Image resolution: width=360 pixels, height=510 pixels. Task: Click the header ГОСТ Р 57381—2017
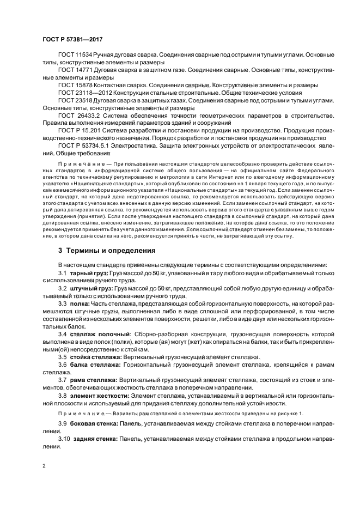[x=72, y=39]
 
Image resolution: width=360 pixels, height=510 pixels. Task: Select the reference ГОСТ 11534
[x=75, y=56]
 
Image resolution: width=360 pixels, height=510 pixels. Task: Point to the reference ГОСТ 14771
[x=75, y=71]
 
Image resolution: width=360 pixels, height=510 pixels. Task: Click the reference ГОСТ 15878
[x=75, y=86]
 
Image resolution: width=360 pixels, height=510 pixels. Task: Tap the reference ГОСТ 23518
[x=75, y=101]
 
